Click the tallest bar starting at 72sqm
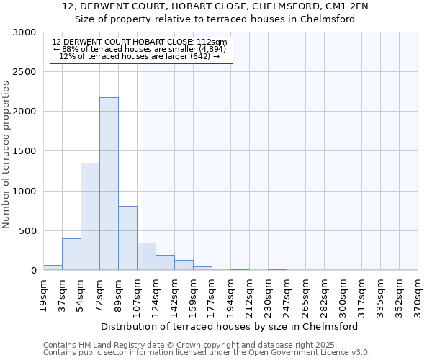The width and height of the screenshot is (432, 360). tap(109, 184)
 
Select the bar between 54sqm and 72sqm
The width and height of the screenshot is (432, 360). tap(90, 216)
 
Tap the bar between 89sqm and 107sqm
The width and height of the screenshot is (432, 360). tap(127, 238)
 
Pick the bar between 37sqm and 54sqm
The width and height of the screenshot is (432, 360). tap(71, 254)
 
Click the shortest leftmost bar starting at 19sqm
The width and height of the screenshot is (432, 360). tap(53, 267)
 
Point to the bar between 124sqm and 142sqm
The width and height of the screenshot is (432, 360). tap(165, 263)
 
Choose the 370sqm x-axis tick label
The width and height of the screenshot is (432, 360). tap(418, 295)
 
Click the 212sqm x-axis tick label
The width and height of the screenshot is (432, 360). tap(250, 295)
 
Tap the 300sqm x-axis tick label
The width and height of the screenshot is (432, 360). tap(343, 295)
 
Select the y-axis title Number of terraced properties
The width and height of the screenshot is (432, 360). tap(6, 155)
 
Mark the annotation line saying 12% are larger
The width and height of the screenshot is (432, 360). tap(139, 56)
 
